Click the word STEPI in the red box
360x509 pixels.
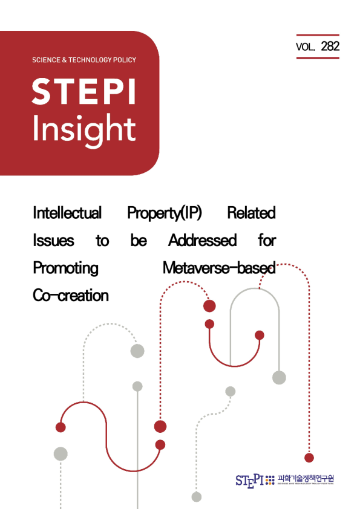point(83,91)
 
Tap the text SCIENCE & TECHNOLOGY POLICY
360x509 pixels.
point(83,60)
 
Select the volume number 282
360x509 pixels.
point(330,46)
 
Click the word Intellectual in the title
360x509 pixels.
point(67,213)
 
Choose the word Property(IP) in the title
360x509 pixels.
point(165,213)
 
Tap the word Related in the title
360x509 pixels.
point(251,213)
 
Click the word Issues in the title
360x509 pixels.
point(53,241)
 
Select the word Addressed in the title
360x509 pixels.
point(202,241)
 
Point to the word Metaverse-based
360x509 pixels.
point(219,267)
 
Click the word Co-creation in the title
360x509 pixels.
point(70,295)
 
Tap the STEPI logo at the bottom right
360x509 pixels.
point(249,479)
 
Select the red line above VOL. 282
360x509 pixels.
point(318,35)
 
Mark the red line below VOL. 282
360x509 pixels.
point(318,58)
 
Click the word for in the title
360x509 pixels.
point(267,241)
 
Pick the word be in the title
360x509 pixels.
point(139,241)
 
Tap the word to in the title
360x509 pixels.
point(102,241)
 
